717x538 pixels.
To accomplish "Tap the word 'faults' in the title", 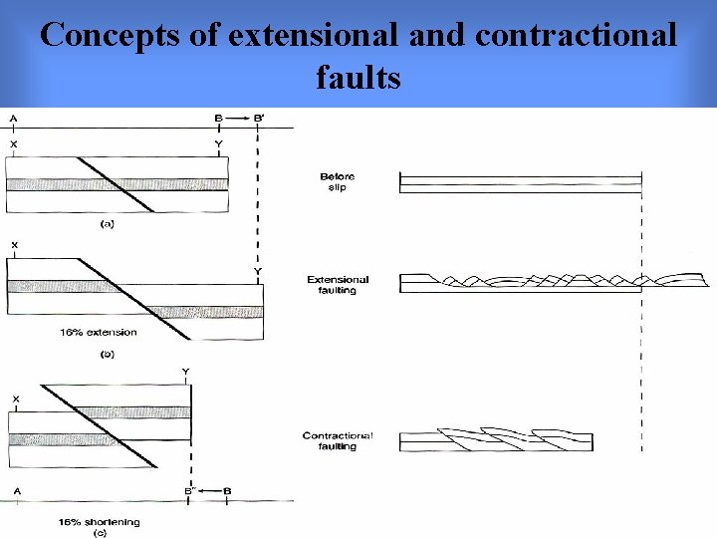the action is (x=358, y=77).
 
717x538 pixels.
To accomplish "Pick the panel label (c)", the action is (x=99, y=534).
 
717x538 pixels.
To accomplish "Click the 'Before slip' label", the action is (x=338, y=181).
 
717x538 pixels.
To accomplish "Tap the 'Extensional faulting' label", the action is (x=338, y=285).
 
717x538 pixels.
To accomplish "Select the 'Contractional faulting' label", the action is (x=338, y=441).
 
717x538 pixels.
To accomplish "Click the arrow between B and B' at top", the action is (x=238, y=119).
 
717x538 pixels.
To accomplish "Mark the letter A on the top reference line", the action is (x=13, y=119).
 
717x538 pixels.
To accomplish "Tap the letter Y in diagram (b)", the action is (x=258, y=271).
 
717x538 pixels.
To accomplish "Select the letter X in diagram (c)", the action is (x=15, y=399).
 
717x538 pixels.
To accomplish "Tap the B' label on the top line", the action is (x=259, y=119).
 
